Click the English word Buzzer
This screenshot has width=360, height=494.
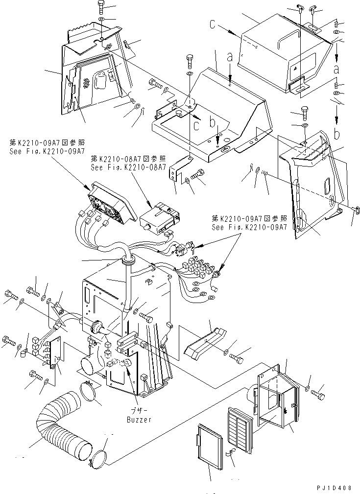[139, 419]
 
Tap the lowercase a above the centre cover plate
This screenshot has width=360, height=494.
[230, 57]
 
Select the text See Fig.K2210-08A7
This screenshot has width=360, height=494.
[128, 167]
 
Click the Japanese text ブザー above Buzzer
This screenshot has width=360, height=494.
[139, 411]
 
